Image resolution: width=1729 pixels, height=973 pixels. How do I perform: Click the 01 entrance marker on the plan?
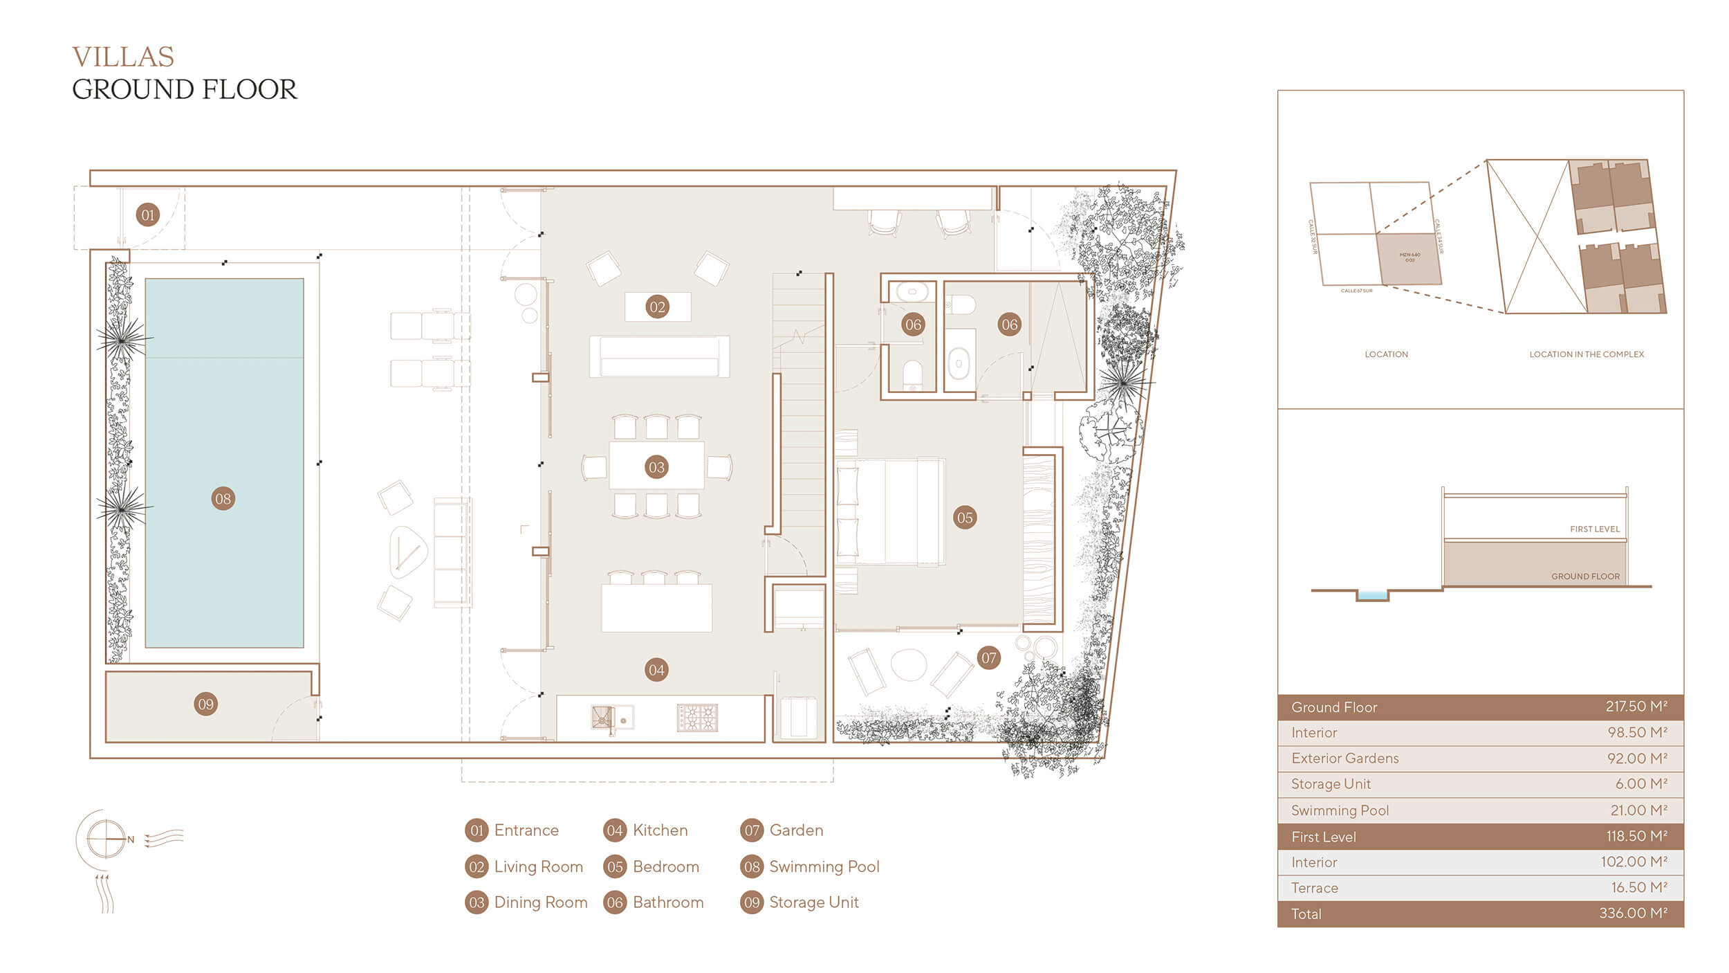tap(147, 215)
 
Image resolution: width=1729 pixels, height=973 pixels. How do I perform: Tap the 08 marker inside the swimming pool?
tap(223, 498)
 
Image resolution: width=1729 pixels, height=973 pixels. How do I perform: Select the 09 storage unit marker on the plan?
tap(205, 704)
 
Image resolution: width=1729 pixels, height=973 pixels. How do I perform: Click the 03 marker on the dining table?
tap(656, 467)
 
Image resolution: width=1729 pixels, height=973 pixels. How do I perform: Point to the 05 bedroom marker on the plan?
tap(965, 518)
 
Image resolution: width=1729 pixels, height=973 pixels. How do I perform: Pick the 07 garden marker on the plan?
tap(989, 658)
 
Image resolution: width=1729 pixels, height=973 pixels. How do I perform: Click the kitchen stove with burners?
tap(697, 718)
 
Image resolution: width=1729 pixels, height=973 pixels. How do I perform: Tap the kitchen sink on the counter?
tap(604, 718)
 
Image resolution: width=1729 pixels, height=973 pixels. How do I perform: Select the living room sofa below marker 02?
tap(659, 357)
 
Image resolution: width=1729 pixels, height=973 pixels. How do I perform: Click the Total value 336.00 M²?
tap(1633, 913)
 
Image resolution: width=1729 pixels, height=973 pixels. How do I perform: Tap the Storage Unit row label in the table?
tap(1331, 784)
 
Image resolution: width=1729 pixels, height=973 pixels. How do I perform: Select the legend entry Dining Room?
tap(540, 902)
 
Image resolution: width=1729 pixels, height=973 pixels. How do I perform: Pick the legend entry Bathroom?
tap(667, 902)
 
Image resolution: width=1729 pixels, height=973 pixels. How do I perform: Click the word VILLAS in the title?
tap(123, 57)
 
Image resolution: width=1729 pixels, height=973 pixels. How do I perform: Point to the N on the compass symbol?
tap(131, 839)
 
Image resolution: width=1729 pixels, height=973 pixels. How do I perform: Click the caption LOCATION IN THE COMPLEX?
tap(1587, 354)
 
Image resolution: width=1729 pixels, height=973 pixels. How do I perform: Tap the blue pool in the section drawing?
tap(1372, 595)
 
